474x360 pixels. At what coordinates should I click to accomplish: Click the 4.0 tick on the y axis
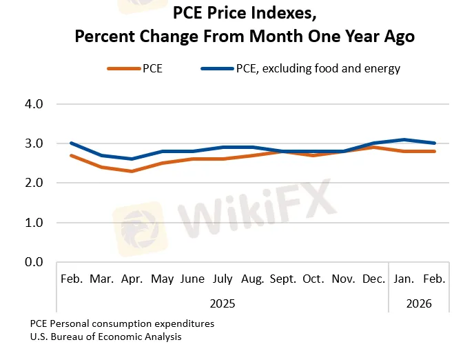coord(34,104)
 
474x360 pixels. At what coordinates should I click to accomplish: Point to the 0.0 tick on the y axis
coord(34,262)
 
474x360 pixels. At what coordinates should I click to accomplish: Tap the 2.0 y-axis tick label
coord(34,183)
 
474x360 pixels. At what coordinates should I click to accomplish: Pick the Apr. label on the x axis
coord(132,279)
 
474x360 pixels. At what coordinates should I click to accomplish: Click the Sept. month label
coord(283,279)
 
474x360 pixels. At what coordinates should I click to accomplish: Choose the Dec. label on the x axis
coord(374,279)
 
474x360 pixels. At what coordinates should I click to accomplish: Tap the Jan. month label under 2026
coord(404,279)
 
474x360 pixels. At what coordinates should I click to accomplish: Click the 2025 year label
coord(223,302)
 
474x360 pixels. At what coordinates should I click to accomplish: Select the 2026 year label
coord(420,302)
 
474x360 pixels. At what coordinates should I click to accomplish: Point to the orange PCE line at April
coord(132,171)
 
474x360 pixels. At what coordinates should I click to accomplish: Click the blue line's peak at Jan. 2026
coord(404,139)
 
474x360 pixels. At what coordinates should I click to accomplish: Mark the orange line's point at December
coord(374,148)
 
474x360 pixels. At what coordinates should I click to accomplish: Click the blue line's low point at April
coord(132,159)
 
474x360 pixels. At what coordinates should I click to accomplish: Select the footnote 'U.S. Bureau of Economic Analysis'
coord(106,337)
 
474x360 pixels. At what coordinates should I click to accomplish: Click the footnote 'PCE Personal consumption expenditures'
coord(122,323)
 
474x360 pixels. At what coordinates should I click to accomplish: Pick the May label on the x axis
coord(162,279)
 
